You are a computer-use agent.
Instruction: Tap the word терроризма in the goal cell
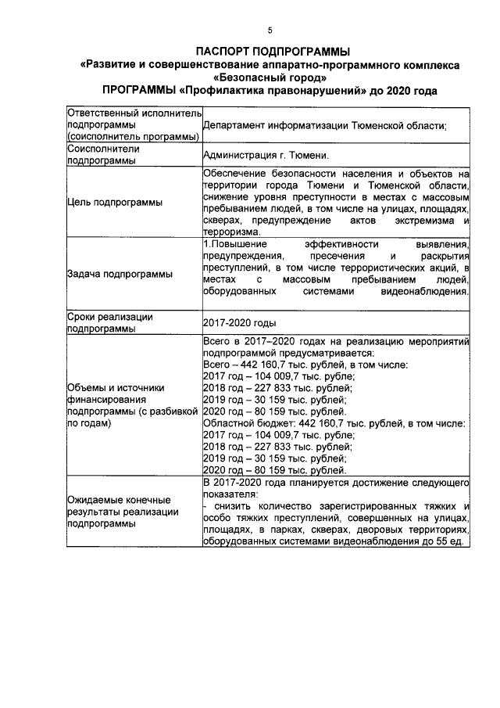click(x=230, y=232)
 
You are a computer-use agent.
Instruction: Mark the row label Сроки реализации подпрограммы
click(x=109, y=322)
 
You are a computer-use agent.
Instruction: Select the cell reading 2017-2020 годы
click(x=239, y=322)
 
